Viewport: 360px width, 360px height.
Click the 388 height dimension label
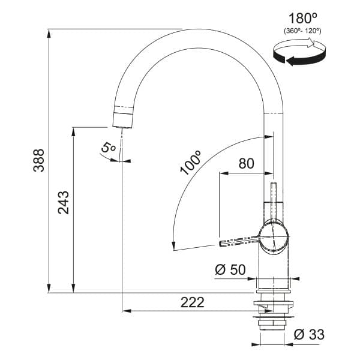tap(38, 160)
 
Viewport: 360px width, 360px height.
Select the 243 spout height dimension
tap(64, 203)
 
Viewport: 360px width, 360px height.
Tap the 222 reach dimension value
tap(192, 302)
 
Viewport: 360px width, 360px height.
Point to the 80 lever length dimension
tap(247, 163)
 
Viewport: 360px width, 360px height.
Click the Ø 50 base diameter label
tap(230, 269)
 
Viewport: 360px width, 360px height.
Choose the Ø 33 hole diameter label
tap(309, 334)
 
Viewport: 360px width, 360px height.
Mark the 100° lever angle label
tap(191, 163)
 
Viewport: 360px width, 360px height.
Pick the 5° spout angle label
tap(108, 148)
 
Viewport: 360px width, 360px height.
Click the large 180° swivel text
tap(302, 19)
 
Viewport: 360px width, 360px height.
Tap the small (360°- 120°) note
tap(302, 31)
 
